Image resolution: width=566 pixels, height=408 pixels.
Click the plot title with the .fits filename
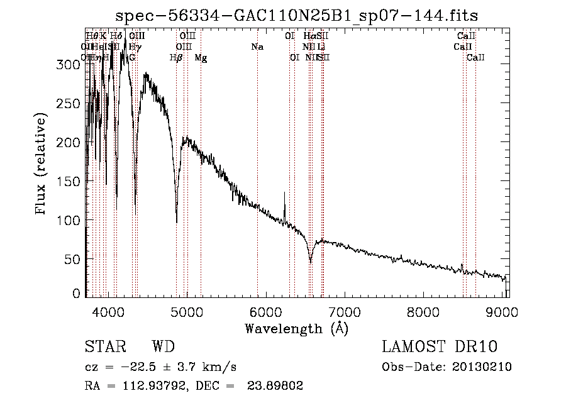point(301,14)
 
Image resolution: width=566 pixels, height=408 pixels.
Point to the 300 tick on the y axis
point(72,64)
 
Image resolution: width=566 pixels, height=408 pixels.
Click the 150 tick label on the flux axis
point(72,181)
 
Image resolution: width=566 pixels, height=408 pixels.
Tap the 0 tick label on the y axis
point(77,293)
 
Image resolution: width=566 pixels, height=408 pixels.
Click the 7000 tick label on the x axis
point(344,311)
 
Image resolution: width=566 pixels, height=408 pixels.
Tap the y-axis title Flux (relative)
point(42,165)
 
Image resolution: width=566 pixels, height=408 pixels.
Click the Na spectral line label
point(257,47)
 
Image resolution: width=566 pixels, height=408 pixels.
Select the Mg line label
point(201,58)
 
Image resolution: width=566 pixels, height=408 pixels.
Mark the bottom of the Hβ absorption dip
point(177,222)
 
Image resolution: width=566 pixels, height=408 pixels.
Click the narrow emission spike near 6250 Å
point(284,194)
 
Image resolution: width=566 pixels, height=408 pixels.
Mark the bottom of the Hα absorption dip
point(311,262)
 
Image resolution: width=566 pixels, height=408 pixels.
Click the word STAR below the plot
point(104,347)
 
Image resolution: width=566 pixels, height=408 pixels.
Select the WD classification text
point(163,347)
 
